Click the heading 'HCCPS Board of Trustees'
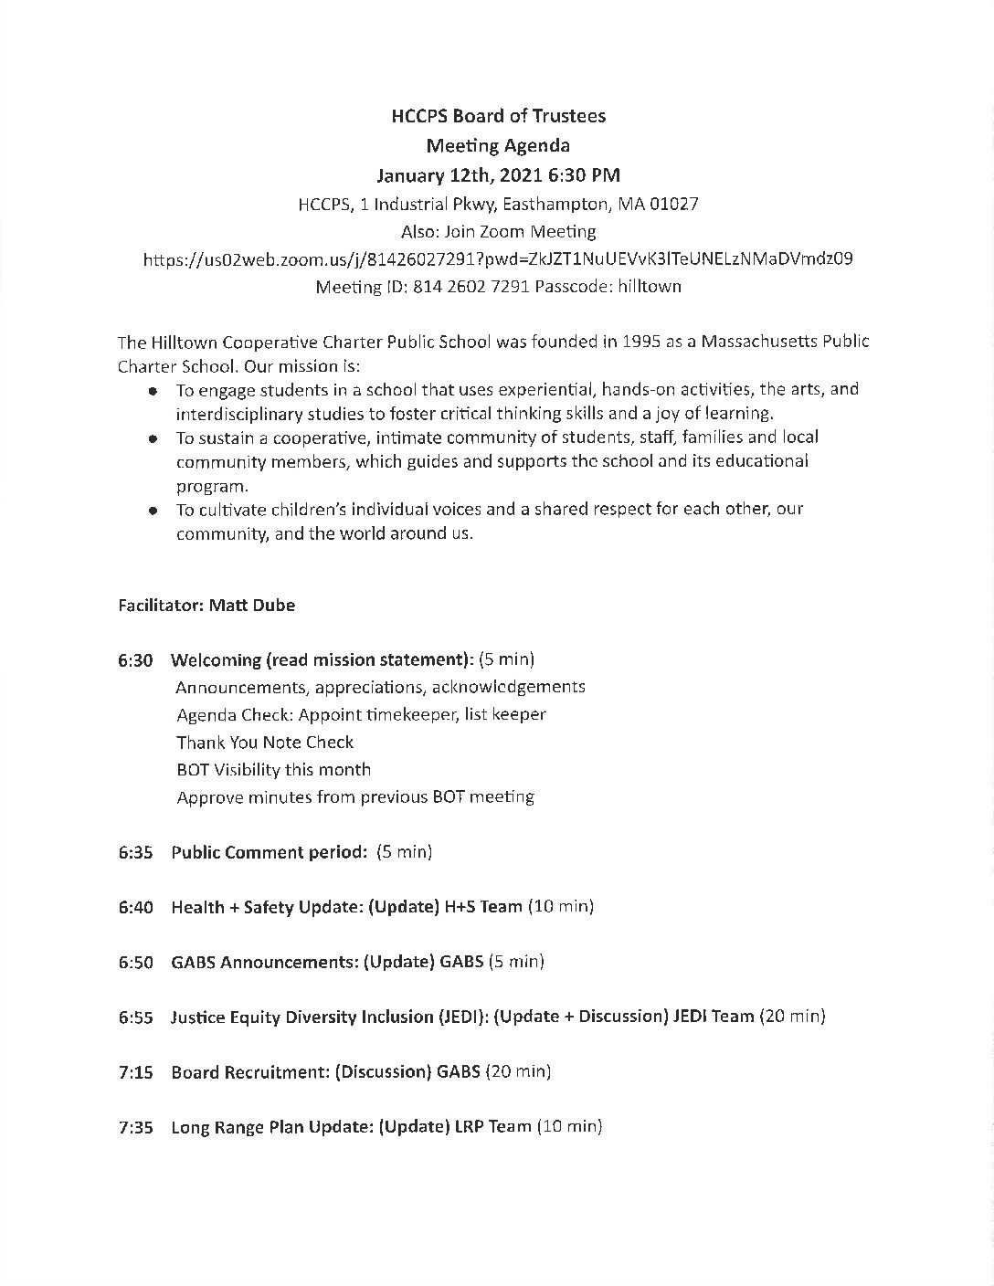[498, 116]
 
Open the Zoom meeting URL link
[498, 258]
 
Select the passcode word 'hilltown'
[650, 287]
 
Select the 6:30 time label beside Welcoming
[135, 659]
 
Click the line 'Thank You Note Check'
[265, 743]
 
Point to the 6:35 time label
[135, 853]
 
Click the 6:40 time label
[135, 908]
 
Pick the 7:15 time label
[135, 1072]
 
